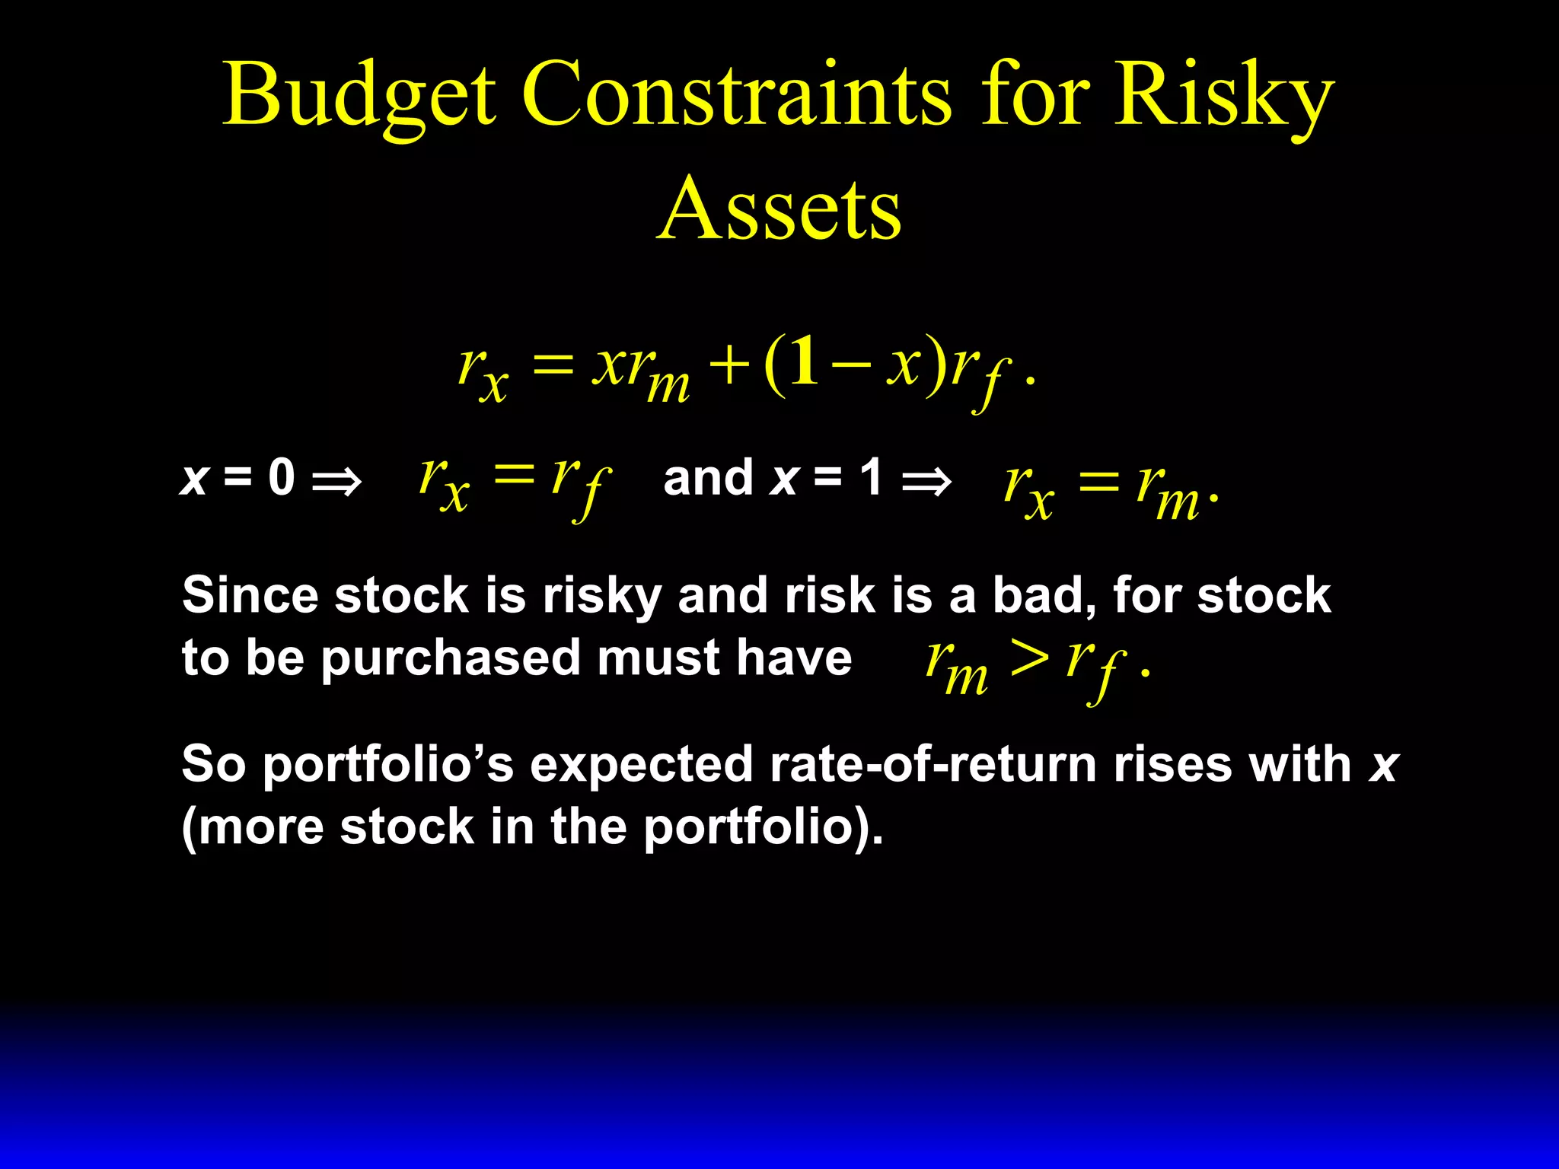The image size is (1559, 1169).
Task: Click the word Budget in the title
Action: click(x=359, y=95)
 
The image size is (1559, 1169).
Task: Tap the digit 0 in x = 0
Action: click(x=281, y=478)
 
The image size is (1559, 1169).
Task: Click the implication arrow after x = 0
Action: click(x=336, y=481)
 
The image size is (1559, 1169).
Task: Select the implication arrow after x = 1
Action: click(x=926, y=481)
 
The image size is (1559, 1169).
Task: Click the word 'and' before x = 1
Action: click(x=708, y=478)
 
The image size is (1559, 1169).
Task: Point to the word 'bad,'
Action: click(x=1044, y=596)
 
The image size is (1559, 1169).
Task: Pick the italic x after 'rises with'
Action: click(x=1383, y=765)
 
